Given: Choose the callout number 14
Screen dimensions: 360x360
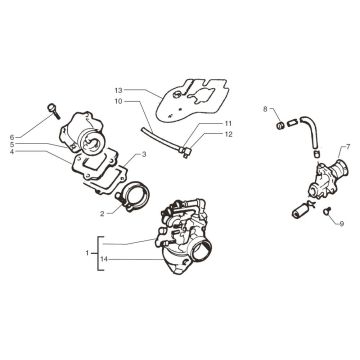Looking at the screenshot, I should (x=104, y=259).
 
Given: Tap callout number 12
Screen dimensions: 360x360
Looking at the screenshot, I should (x=228, y=134).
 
